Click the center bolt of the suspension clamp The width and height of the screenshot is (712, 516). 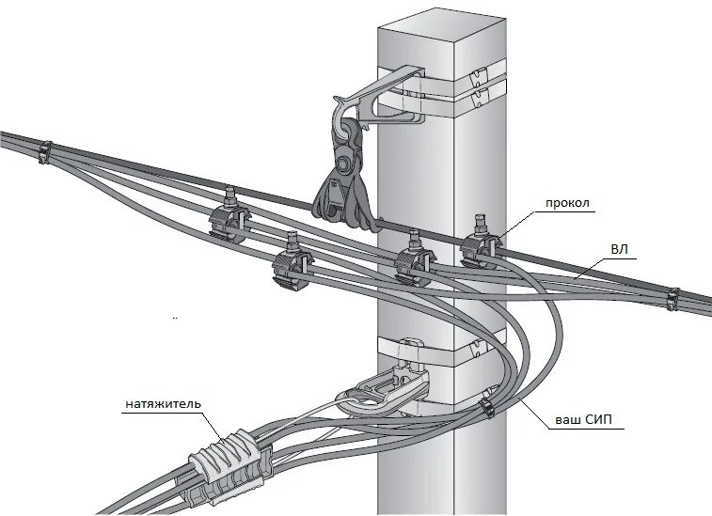[346, 164]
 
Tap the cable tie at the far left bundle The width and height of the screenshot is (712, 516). [44, 150]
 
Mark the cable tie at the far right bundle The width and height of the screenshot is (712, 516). [672, 300]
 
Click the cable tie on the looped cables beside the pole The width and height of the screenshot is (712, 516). [486, 406]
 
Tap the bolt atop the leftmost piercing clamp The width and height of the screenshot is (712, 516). [228, 196]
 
